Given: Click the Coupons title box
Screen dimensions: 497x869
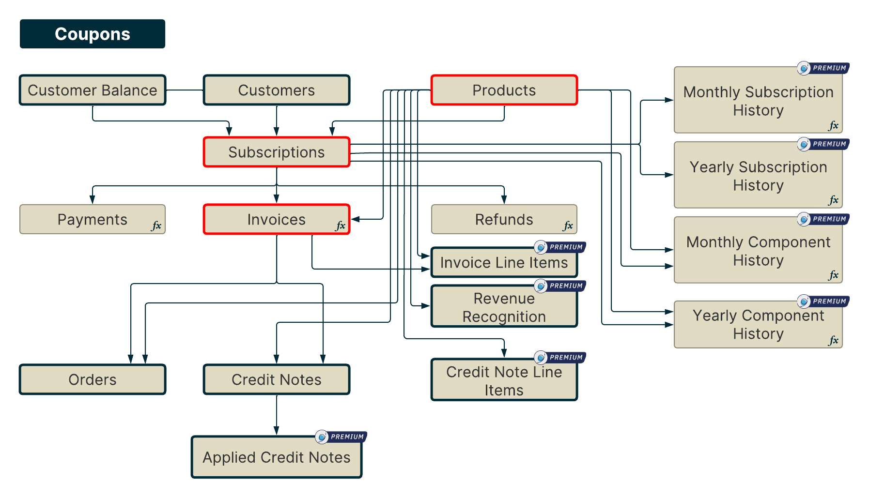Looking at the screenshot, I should tap(92, 34).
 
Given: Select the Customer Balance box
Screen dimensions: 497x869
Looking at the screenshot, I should tap(92, 90).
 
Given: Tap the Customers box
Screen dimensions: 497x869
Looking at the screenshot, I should tap(276, 90).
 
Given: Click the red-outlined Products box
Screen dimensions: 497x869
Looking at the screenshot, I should tap(504, 90).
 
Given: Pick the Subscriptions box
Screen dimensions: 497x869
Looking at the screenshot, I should tap(276, 152).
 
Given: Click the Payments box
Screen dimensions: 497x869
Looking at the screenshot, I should tap(92, 219).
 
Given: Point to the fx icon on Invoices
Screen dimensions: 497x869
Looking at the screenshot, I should tap(341, 226).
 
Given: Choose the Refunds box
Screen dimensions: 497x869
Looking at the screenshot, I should tap(504, 219).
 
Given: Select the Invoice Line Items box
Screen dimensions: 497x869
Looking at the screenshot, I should tap(504, 262).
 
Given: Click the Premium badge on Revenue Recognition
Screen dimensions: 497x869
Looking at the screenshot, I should tap(560, 286).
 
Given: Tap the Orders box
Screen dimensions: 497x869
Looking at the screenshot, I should tap(92, 379).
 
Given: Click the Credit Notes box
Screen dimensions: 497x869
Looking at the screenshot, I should tap(276, 379).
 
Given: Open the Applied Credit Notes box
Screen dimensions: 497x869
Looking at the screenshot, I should tap(276, 457).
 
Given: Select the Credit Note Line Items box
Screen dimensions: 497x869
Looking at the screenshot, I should tap(504, 380).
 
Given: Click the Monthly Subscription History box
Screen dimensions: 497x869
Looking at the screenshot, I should tap(758, 101).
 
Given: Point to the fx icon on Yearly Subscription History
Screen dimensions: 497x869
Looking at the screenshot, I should tap(833, 200).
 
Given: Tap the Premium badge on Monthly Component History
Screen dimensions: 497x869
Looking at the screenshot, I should tap(823, 219).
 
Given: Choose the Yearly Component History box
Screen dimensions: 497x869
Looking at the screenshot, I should tap(758, 324).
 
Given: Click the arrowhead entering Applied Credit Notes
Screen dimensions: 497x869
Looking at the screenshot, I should tap(276, 431).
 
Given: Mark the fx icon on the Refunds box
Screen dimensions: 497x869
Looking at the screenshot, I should tap(568, 226).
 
